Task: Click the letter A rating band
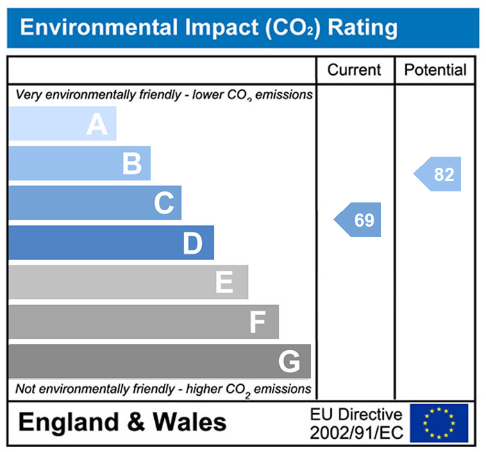click(x=62, y=124)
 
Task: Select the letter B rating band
click(x=80, y=164)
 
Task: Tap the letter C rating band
click(x=95, y=203)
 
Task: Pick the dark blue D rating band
click(x=111, y=243)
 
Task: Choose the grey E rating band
click(x=128, y=282)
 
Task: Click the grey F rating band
click(x=144, y=322)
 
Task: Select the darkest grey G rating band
click(x=160, y=361)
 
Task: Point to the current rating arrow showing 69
click(x=359, y=220)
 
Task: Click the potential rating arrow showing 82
click(x=439, y=174)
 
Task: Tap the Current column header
click(x=354, y=70)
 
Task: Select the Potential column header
click(x=435, y=70)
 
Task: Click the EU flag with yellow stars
click(x=439, y=423)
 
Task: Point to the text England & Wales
click(x=122, y=422)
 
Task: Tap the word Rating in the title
click(x=362, y=28)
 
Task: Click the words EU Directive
click(x=356, y=415)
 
